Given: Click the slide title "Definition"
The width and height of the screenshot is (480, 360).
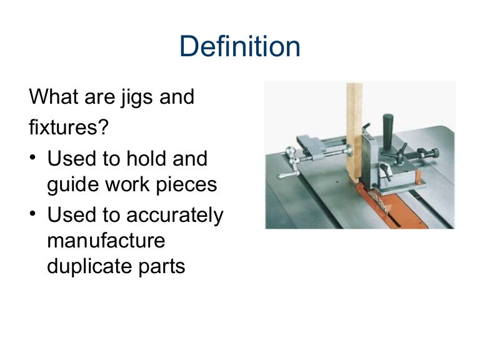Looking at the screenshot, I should tap(239, 47).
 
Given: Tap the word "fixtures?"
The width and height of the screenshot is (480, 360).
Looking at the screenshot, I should tap(69, 129).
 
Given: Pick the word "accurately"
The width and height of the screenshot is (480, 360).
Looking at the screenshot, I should tap(175, 216).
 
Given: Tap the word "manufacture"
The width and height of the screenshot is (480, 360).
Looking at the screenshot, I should tap(106, 241).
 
